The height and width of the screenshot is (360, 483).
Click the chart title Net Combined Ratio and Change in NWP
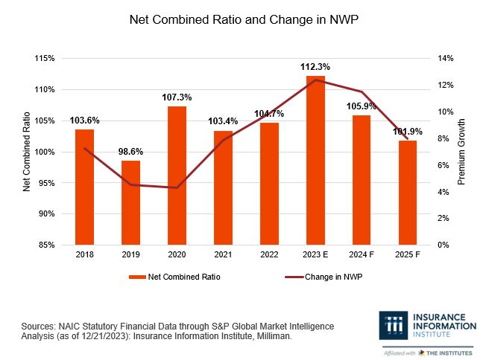point(241,20)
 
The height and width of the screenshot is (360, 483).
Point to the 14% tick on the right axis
point(444,59)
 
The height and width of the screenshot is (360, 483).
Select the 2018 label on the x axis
point(84,255)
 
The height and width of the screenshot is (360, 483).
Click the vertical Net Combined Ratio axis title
point(26,152)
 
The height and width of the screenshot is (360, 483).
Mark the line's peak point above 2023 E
point(317,80)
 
